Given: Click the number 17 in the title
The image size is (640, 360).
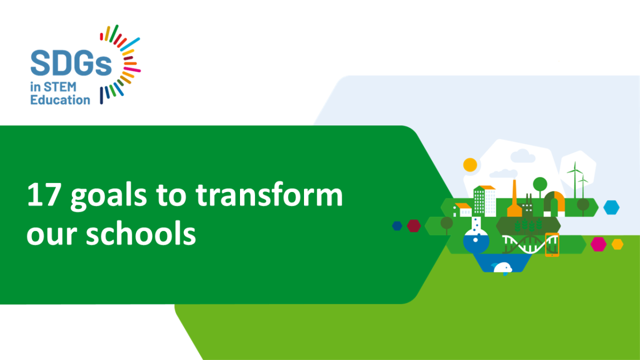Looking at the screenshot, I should (x=44, y=196).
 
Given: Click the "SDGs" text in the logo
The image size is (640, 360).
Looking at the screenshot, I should (x=71, y=63).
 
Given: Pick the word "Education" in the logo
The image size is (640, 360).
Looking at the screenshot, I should (x=60, y=100).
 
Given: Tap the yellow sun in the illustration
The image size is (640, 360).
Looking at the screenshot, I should (x=470, y=165).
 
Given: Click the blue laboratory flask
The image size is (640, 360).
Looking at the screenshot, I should (x=476, y=241).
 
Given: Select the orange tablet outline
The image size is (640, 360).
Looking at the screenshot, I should (x=552, y=245).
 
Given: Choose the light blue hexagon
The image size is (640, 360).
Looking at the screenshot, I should (x=611, y=206).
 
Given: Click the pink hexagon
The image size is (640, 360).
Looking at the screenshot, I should (x=598, y=244).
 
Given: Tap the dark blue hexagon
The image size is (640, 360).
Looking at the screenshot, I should (x=397, y=226).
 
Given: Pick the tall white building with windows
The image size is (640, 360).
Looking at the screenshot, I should (x=484, y=201).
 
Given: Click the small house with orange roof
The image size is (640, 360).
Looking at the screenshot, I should (x=462, y=210).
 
